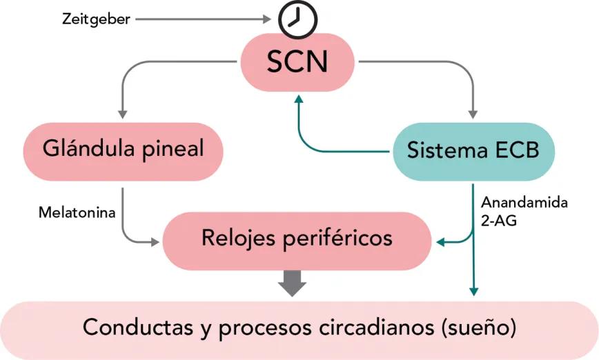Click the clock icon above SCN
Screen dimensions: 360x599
[x=297, y=19]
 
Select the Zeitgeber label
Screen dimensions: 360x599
[x=95, y=19]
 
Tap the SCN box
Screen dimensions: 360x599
[x=297, y=63]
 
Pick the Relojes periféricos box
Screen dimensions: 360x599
[x=297, y=239]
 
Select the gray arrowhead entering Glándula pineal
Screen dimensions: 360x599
[x=123, y=112]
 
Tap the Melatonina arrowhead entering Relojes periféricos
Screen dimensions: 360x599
[x=155, y=241]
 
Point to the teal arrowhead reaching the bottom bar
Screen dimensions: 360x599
[x=473, y=291]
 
